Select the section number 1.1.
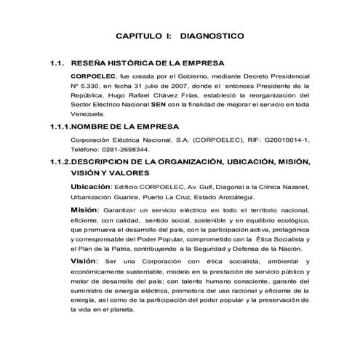(55, 63)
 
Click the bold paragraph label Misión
(84, 209)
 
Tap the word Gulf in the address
(196, 188)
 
